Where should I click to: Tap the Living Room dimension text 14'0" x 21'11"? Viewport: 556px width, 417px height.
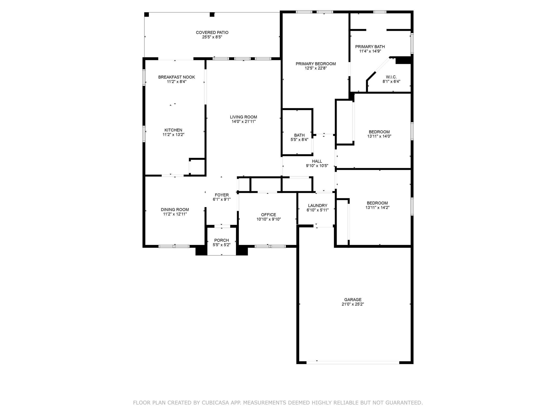click(244, 122)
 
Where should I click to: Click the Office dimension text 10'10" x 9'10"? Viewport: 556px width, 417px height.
click(269, 219)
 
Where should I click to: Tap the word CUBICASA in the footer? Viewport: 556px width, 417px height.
click(216, 403)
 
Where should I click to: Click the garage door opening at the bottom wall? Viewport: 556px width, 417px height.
click(353, 363)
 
